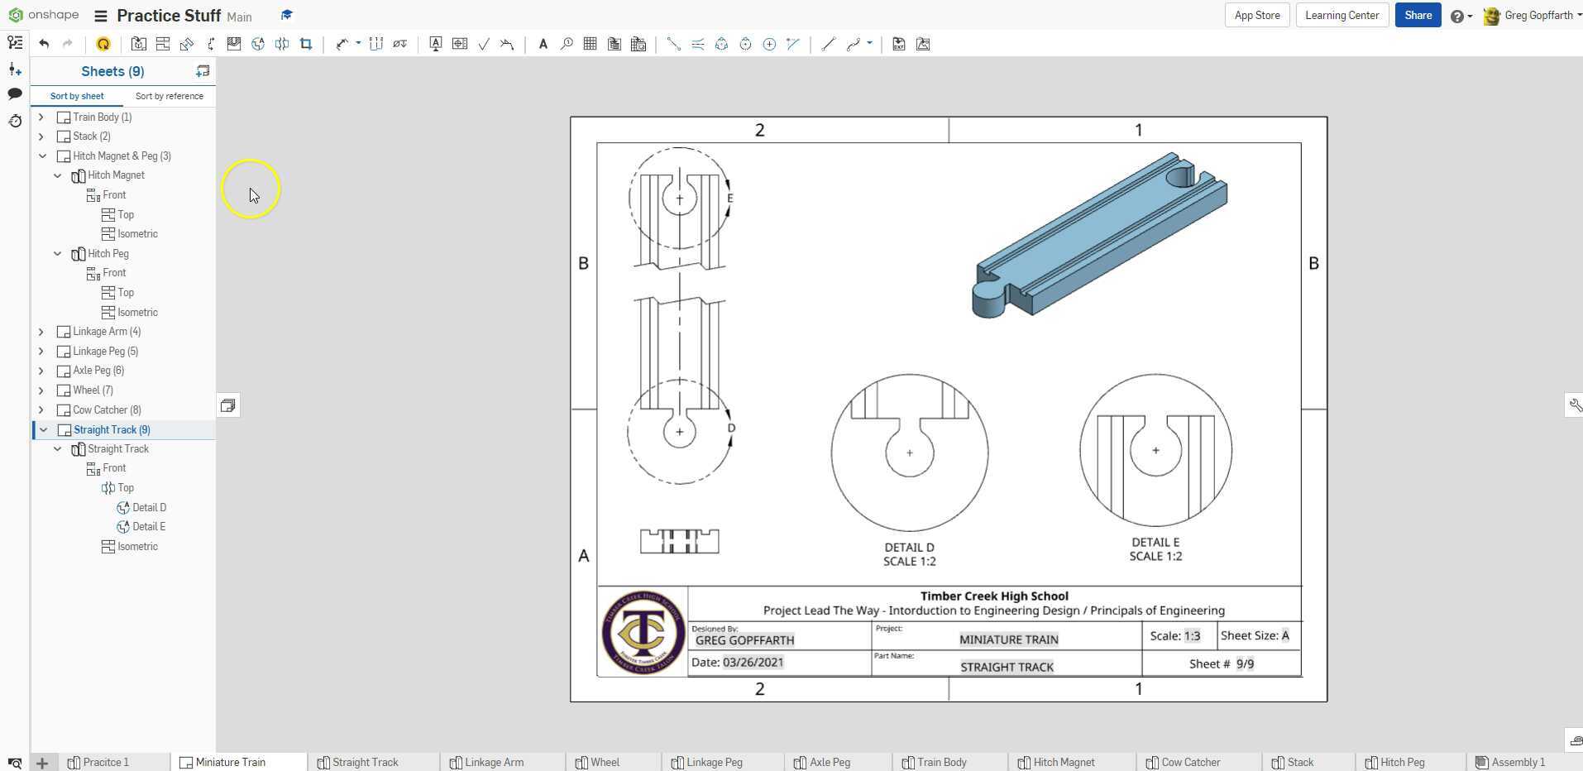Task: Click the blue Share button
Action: point(1417,15)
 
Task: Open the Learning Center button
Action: point(1341,15)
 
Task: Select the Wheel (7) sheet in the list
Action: point(93,390)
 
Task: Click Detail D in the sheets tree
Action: point(149,508)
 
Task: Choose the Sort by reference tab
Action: point(169,96)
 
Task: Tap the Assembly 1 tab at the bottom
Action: point(1518,762)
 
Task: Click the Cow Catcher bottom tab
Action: point(1189,762)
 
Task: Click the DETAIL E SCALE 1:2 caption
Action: point(1155,549)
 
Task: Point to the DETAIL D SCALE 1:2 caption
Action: point(909,554)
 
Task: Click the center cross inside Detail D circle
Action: point(910,453)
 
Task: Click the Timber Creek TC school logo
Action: point(643,632)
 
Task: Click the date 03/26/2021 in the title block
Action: point(753,663)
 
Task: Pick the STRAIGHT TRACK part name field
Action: point(1007,667)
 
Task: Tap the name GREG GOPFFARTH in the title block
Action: point(744,640)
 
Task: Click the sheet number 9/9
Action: point(1245,664)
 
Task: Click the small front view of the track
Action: point(679,542)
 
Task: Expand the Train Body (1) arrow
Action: point(41,117)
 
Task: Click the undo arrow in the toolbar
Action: point(44,44)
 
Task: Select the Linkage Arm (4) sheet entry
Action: point(106,332)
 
